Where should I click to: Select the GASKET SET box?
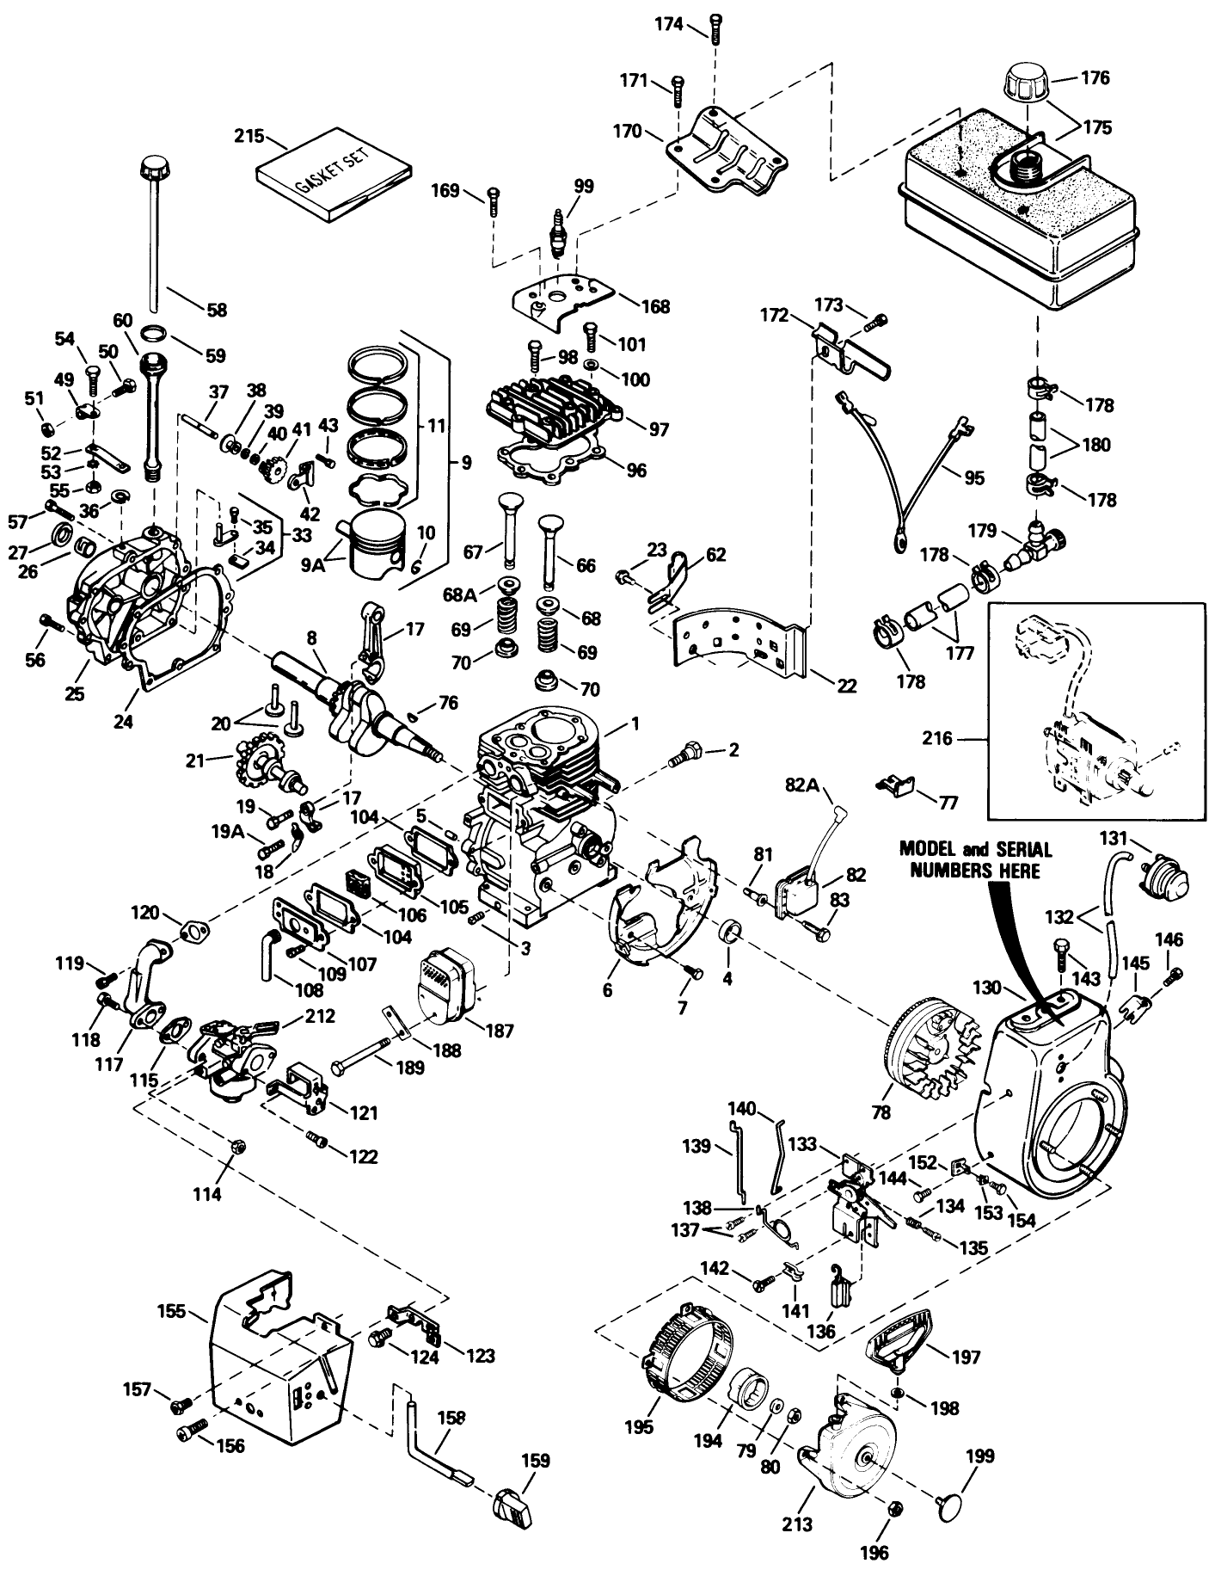pyautogui.click(x=336, y=173)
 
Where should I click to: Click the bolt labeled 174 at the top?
pyautogui.click(x=715, y=26)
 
